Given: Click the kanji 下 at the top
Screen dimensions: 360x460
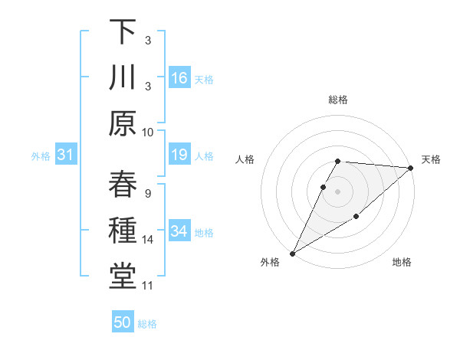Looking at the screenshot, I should tap(122, 32).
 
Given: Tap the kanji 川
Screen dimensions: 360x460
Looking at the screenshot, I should tap(122, 78).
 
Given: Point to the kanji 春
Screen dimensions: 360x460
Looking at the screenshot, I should tap(122, 185).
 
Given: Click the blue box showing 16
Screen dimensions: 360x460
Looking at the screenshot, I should tap(179, 78).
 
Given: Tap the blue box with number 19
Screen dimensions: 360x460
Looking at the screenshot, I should tap(179, 155).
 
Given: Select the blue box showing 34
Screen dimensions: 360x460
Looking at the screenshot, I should tap(179, 232).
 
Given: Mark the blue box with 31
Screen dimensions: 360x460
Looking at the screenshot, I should tap(65, 155).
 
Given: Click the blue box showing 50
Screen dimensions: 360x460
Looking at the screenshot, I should tap(123, 322).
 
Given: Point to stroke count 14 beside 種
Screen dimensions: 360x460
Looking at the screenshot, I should tap(148, 240).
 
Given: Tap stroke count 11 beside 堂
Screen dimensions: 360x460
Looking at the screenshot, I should tap(148, 286).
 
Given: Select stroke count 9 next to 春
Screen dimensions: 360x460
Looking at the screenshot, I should tap(148, 193).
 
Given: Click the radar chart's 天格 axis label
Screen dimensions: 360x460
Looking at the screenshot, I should tap(431, 159).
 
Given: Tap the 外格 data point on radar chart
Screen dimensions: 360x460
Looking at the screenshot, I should tap(292, 253).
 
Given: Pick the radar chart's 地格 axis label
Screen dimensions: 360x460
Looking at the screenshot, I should tap(402, 263).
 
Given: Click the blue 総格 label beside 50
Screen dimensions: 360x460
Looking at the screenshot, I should tap(147, 324).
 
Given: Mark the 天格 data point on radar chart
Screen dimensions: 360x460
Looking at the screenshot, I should tap(411, 168).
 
